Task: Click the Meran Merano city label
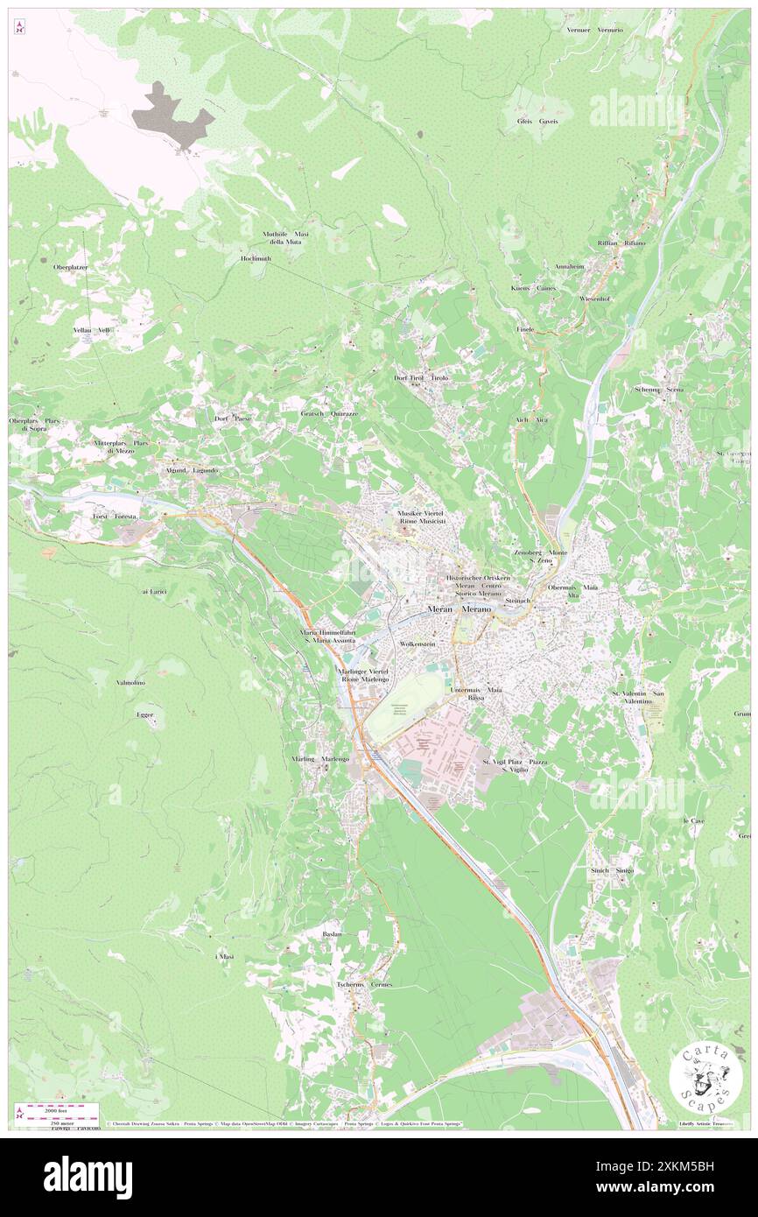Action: (460, 609)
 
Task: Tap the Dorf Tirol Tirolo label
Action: (421, 377)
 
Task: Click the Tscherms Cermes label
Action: (364, 984)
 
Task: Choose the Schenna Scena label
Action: (660, 389)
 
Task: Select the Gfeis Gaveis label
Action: (537, 121)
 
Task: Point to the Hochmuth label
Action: (258, 259)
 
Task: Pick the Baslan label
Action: (332, 935)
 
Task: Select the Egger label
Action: (145, 715)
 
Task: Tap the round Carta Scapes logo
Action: (700, 1080)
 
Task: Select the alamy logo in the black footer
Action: (88, 1177)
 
